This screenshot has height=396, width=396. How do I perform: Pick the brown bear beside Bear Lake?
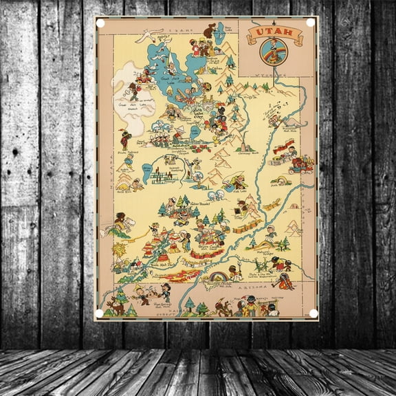coord(210,30)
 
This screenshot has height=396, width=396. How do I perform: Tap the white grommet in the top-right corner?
coord(309,23)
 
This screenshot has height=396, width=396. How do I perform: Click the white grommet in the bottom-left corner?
coord(100,313)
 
